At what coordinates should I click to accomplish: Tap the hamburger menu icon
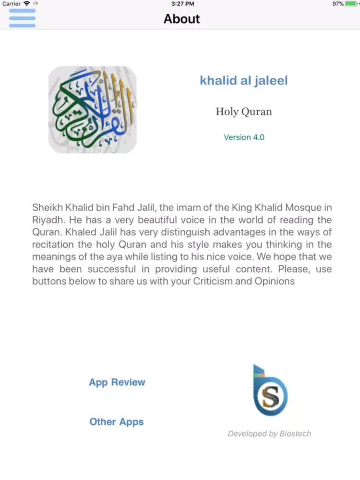tap(22, 18)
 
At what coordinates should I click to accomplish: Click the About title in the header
tap(181, 19)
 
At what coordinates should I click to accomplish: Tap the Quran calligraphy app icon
tap(93, 109)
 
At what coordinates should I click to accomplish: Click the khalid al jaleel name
tap(244, 80)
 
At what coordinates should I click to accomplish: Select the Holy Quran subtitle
tap(244, 112)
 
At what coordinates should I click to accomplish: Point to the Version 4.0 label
tap(244, 137)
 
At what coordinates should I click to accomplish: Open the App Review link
tap(117, 383)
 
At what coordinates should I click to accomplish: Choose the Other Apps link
tap(117, 422)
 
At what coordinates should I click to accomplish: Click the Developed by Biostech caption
tap(269, 434)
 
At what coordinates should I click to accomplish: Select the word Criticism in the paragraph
tap(213, 281)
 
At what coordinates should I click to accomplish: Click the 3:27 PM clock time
tap(183, 4)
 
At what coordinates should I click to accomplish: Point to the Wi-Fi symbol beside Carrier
tap(27, 4)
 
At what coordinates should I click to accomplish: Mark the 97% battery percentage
tap(338, 4)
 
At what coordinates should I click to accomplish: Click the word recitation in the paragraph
tap(55, 245)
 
